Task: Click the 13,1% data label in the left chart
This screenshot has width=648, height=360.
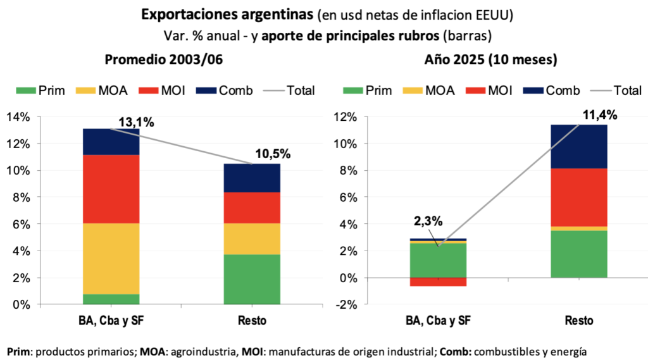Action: coord(136,122)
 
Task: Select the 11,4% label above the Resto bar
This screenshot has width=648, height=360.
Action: coord(599,115)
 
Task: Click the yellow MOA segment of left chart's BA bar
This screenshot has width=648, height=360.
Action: coord(111,258)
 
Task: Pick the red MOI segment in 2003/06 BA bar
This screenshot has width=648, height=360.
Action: coord(111,189)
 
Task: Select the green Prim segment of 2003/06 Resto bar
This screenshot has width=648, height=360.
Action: coord(252,278)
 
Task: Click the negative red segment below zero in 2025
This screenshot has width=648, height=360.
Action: coord(438,282)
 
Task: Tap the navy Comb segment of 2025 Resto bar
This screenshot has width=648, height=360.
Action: coord(579,146)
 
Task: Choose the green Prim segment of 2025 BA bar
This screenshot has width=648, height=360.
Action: coord(438,260)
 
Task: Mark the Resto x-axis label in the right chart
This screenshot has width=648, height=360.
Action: coord(579,321)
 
